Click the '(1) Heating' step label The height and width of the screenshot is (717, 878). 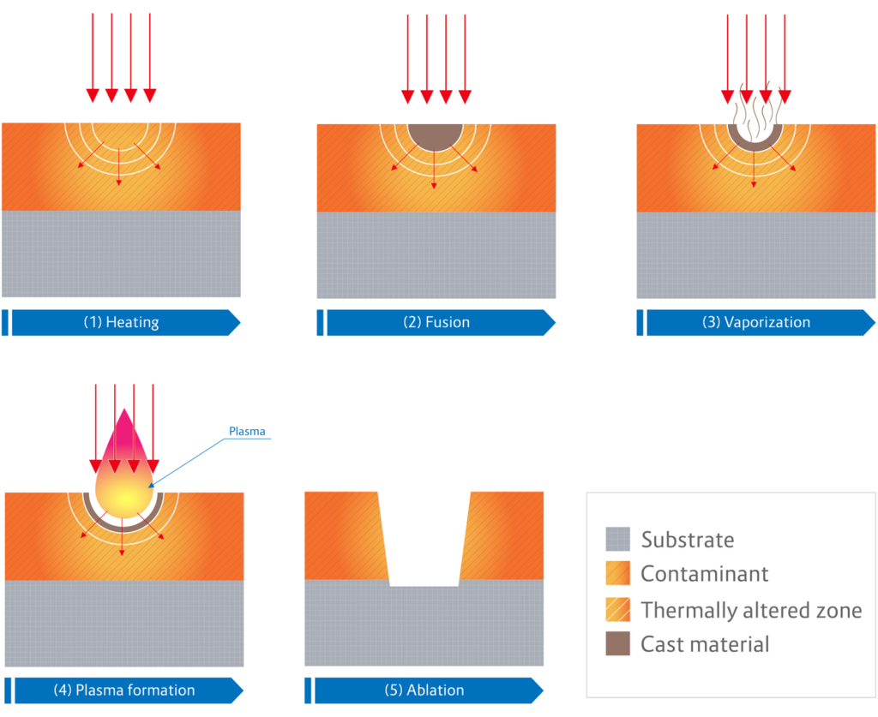[121, 323]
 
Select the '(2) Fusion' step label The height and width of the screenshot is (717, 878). [436, 323]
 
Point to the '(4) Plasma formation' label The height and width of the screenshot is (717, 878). [135, 690]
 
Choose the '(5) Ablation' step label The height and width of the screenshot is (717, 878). [435, 690]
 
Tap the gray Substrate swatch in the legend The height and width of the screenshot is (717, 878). [617, 540]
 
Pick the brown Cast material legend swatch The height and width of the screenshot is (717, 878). [617, 643]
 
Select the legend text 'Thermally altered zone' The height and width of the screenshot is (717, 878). [751, 610]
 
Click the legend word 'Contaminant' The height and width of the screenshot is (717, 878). [705, 574]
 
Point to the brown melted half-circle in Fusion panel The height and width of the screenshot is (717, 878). [436, 135]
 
